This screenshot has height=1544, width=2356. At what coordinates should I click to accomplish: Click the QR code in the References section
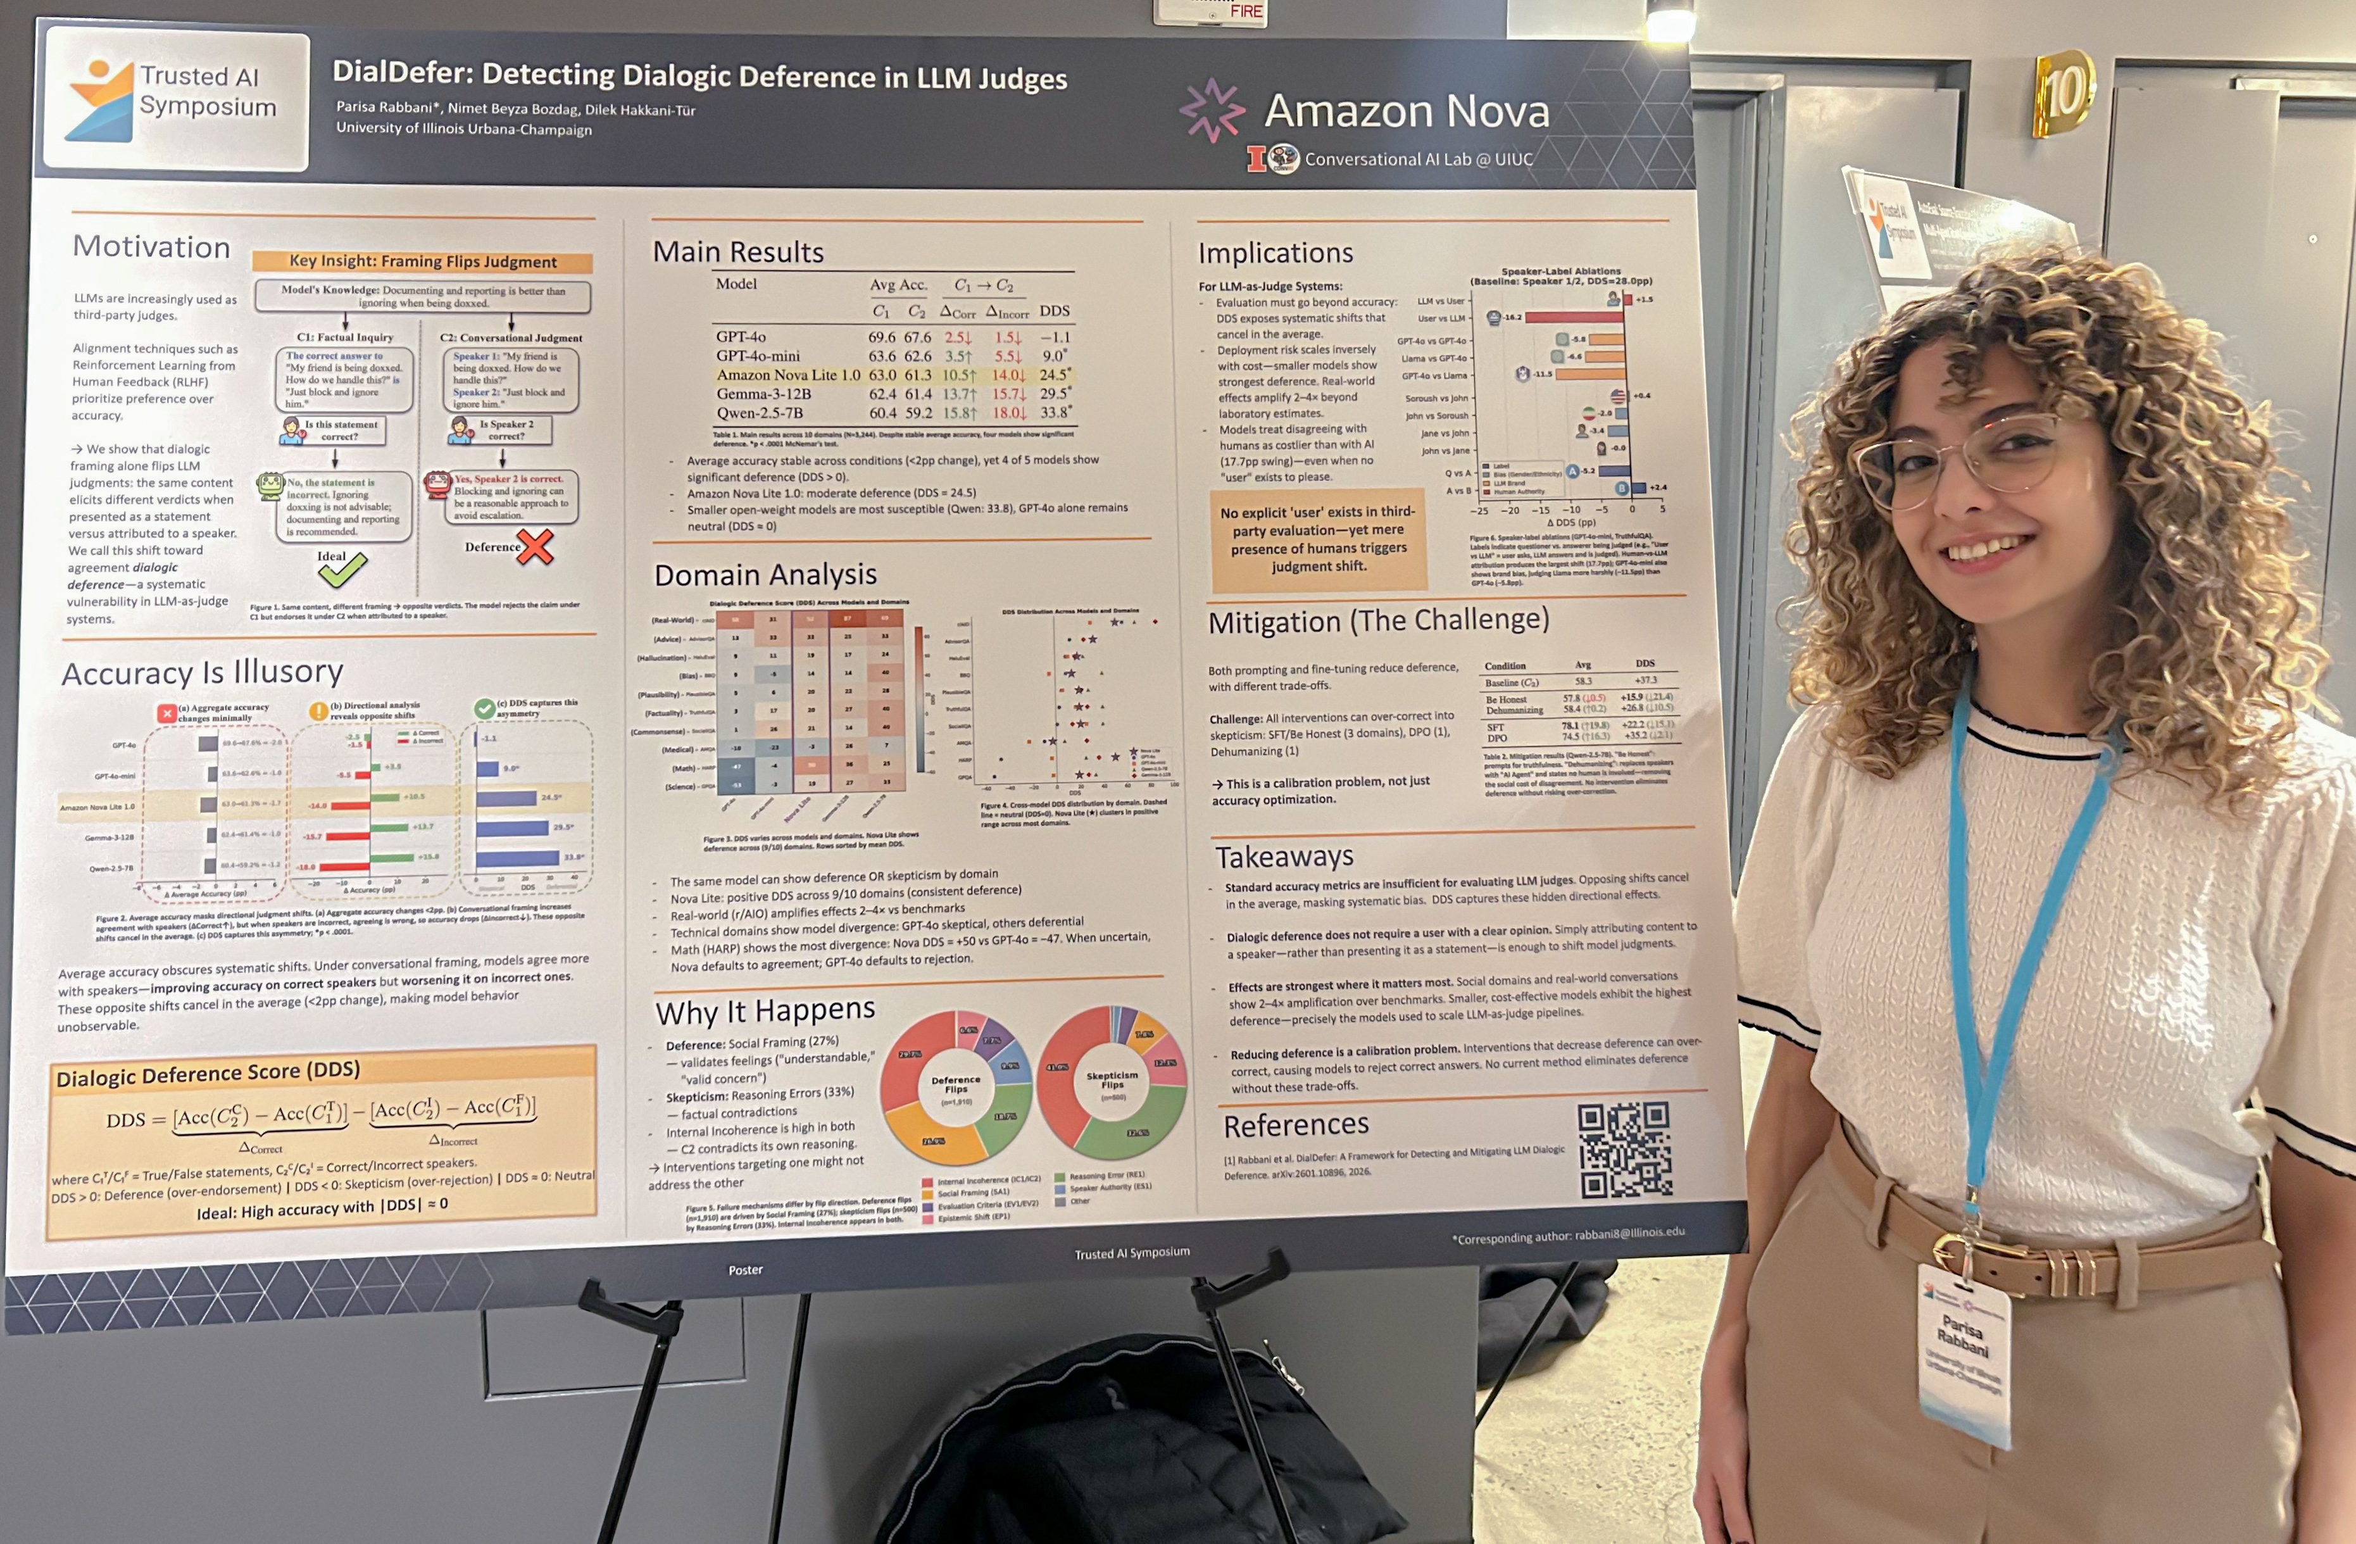(x=1624, y=1150)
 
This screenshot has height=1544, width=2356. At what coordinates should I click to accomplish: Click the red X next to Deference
(x=534, y=546)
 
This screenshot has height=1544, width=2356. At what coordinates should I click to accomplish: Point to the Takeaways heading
(x=1284, y=856)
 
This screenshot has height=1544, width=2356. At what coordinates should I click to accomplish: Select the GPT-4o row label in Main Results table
(x=741, y=337)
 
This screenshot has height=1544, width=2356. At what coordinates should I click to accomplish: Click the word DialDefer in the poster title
(x=401, y=72)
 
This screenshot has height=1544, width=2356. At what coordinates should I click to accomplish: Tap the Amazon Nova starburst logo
(x=1212, y=110)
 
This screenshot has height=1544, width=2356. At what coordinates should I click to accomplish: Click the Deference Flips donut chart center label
(x=955, y=1086)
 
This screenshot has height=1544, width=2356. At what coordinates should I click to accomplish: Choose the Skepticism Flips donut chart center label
(x=1112, y=1080)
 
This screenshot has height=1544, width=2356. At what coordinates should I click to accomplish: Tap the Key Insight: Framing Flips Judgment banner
(x=423, y=261)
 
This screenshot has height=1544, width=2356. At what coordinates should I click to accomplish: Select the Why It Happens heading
(x=765, y=1012)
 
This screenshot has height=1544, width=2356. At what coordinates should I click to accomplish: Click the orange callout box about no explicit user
(x=1318, y=539)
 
